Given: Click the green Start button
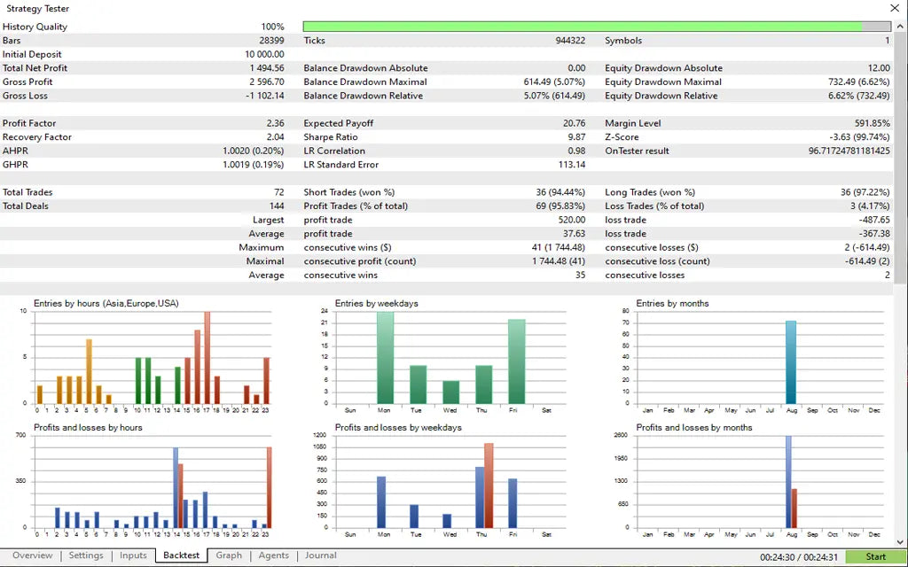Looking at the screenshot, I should point(875,556).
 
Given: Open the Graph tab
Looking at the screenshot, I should point(229,555).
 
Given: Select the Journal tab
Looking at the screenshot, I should point(320,555).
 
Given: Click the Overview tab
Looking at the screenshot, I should point(32,555).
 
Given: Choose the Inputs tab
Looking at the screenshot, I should point(133,555).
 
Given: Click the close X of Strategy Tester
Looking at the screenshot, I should point(894,8).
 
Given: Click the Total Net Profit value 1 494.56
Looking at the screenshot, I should point(266,68).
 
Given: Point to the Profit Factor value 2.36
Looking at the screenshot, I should point(275,123).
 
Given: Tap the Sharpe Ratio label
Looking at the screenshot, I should point(331,137).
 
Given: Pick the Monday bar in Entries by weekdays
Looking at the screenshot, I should point(385,357).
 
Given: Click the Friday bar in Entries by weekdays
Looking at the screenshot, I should point(517,361).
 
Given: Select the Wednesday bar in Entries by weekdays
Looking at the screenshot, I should point(451,392).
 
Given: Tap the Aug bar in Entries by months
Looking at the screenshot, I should point(791,361).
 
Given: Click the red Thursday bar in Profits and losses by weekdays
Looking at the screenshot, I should point(489,485).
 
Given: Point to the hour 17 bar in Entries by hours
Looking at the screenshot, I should point(207,357).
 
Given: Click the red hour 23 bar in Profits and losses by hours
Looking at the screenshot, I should point(269,487).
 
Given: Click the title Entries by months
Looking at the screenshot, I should point(672,303).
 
